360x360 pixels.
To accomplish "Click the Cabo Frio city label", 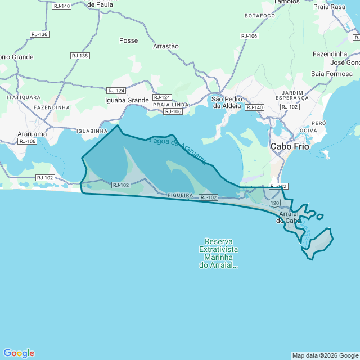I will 289,146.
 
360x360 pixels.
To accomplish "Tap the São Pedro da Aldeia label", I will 226,102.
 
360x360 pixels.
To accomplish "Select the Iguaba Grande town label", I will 127,100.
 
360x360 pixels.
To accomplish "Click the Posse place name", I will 129,40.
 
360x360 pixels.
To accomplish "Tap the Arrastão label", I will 166,46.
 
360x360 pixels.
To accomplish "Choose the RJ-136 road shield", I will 39,34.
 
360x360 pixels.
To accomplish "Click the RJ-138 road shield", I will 80,56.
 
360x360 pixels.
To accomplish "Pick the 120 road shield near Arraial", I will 274,202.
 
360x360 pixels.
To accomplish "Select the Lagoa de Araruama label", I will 178,151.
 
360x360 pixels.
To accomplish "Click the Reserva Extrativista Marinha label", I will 219,253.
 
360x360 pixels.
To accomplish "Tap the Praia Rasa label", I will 329,7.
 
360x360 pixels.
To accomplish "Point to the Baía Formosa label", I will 332,74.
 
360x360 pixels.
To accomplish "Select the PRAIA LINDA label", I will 170,105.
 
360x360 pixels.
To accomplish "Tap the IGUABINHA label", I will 92,130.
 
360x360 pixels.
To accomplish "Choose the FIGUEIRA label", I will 181,195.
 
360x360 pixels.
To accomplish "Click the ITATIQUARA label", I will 24,97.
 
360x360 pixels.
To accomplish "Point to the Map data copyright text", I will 325,355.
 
